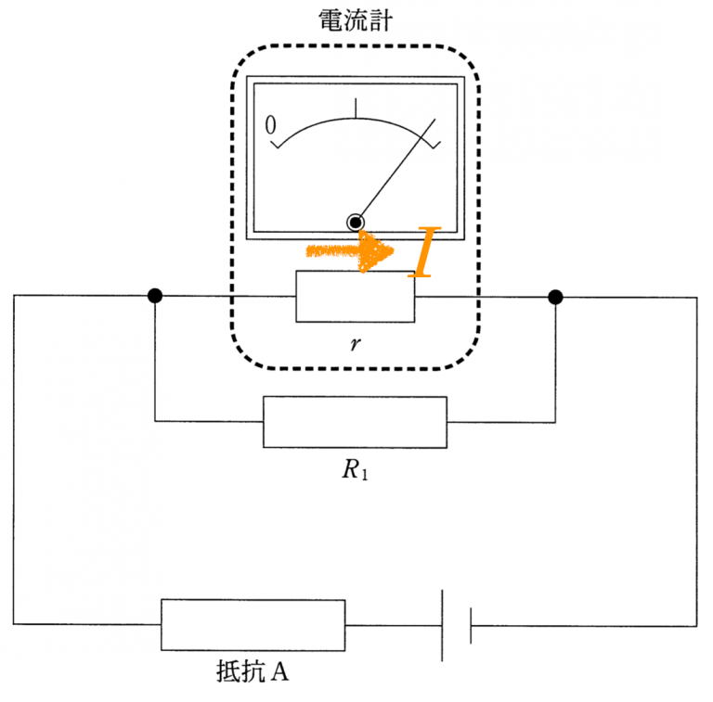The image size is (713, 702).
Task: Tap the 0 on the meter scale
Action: click(x=272, y=125)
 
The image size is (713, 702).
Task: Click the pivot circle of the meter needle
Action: click(x=356, y=222)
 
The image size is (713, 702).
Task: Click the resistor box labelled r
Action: click(x=356, y=297)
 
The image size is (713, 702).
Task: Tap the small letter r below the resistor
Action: click(x=355, y=344)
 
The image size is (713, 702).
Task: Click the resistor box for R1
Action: click(x=355, y=422)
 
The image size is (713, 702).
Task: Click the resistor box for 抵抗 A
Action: click(x=253, y=624)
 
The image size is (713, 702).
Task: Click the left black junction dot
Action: click(x=155, y=297)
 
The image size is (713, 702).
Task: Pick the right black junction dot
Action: click(x=555, y=297)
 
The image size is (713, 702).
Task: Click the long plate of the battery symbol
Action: click(x=442, y=624)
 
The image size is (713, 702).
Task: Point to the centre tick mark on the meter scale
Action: click(x=356, y=107)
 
